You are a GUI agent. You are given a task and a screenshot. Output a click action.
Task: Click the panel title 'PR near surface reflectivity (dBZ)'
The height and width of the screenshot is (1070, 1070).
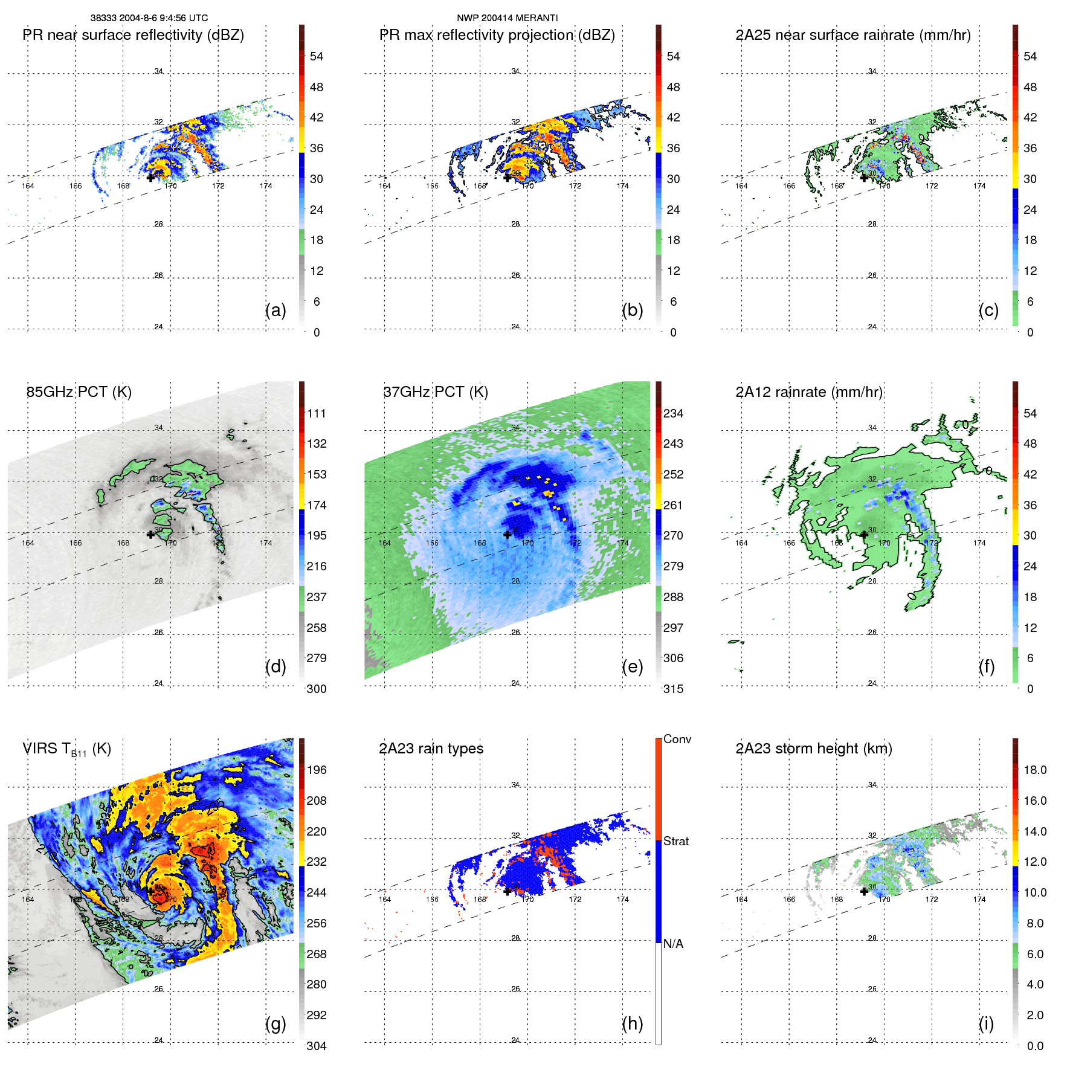133,35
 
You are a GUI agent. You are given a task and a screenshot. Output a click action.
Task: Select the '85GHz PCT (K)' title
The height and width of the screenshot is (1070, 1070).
79,392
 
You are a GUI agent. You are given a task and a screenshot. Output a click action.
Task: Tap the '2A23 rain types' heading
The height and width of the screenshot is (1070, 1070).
431,749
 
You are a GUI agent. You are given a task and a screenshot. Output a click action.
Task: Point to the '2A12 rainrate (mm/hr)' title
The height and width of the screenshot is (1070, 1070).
809,392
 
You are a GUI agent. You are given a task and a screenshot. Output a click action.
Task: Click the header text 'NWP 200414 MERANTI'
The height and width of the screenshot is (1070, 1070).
507,18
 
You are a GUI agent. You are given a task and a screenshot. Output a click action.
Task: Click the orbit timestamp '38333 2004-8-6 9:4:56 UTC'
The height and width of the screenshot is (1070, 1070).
149,18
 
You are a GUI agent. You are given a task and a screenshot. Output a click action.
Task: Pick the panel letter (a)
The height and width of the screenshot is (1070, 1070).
276,310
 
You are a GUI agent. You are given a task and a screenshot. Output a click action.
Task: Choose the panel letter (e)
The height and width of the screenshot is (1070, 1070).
632,666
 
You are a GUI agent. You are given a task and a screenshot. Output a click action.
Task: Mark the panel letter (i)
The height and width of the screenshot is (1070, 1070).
986,1023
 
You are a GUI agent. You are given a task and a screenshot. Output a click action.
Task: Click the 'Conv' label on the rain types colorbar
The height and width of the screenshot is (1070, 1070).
677,739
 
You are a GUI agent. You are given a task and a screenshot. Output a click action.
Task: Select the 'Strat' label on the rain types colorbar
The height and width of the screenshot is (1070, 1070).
675,841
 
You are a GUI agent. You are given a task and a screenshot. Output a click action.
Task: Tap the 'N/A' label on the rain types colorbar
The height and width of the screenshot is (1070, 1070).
673,944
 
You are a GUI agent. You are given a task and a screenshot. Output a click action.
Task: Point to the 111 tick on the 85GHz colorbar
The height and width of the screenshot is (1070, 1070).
317,413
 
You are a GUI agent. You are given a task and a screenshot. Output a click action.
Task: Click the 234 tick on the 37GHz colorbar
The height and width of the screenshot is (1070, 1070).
673,413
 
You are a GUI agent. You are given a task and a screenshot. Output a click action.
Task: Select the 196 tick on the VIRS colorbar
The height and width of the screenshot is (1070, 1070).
317,770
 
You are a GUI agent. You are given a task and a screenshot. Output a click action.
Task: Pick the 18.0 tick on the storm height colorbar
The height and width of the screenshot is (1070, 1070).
1034,770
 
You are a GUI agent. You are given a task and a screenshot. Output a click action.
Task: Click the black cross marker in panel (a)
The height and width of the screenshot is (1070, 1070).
150,178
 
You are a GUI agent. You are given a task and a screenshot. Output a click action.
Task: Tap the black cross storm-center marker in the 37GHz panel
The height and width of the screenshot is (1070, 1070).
508,535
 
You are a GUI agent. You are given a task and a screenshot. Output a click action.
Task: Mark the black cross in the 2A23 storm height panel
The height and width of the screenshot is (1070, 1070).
864,891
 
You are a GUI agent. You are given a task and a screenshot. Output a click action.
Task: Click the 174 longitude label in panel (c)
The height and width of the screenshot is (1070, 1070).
979,186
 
